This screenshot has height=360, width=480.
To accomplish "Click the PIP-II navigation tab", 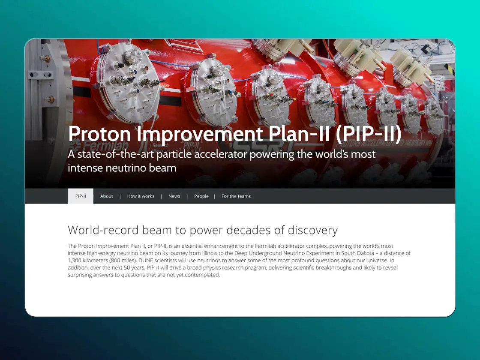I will (x=81, y=196).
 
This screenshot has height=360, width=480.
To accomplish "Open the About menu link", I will (x=107, y=196).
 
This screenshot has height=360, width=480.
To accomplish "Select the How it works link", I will (x=141, y=196).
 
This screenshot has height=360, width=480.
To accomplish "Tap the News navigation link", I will (x=174, y=196).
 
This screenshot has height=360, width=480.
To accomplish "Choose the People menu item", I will (x=201, y=196).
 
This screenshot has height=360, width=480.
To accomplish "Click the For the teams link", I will (x=236, y=196).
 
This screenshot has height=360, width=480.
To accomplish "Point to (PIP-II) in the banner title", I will (x=368, y=134).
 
